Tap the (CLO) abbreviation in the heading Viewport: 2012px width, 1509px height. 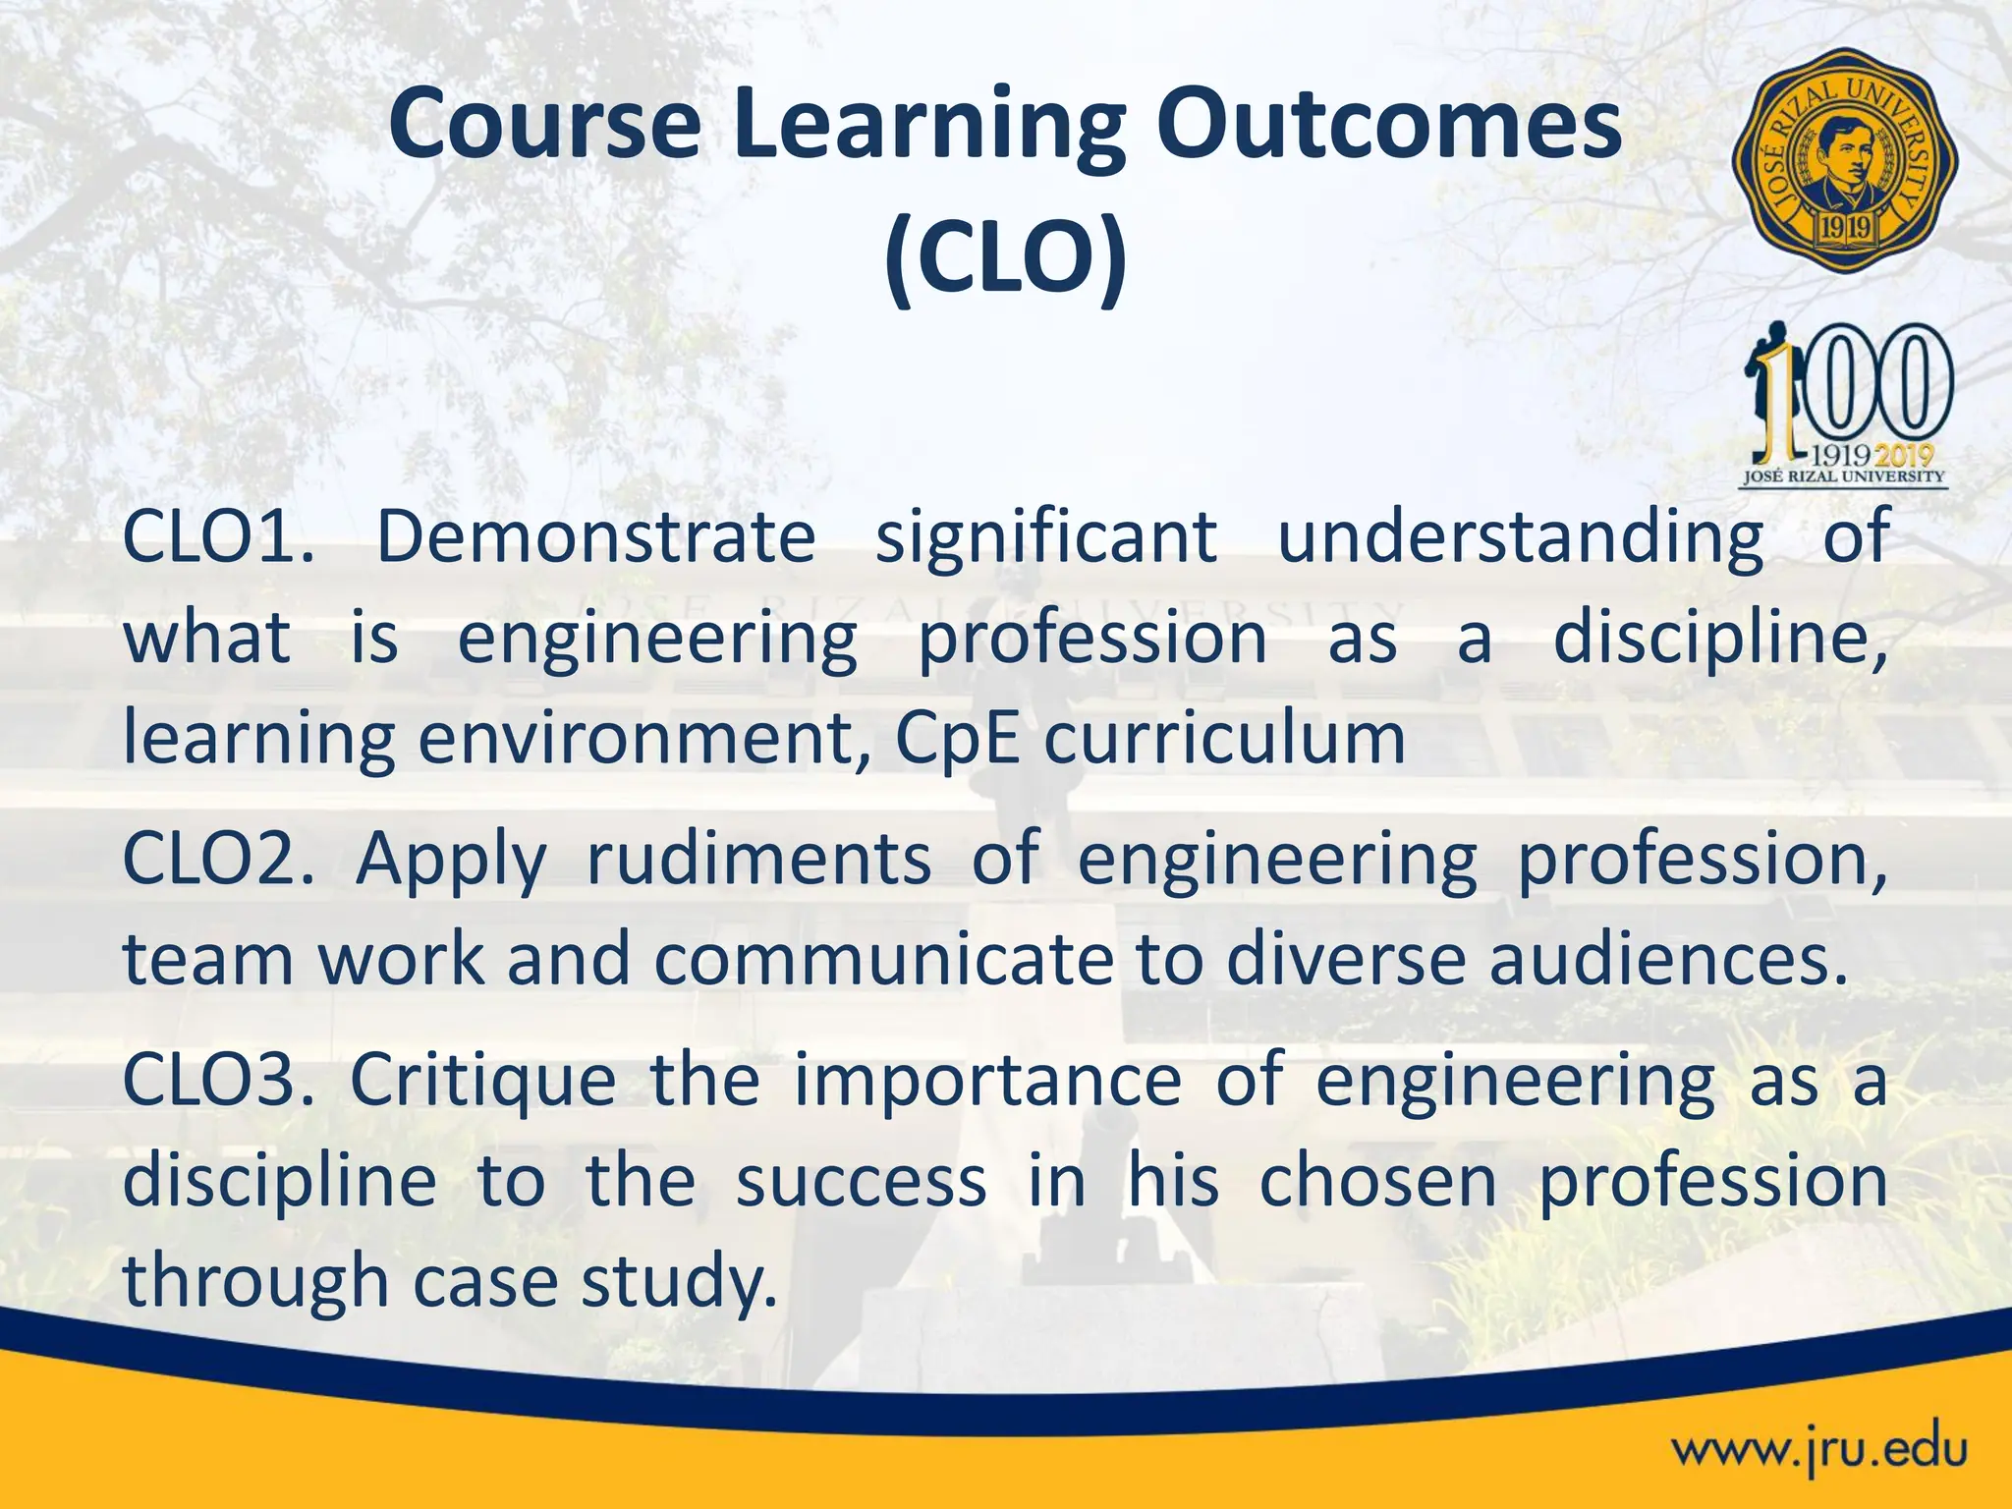point(1005,257)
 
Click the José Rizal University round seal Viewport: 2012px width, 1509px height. point(1844,160)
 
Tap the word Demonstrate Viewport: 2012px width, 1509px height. point(595,536)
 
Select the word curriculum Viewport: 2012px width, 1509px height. point(1224,739)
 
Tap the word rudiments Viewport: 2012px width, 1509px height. point(758,859)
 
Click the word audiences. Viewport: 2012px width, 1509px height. point(1669,959)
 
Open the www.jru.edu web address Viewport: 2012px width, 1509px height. point(1819,1449)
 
